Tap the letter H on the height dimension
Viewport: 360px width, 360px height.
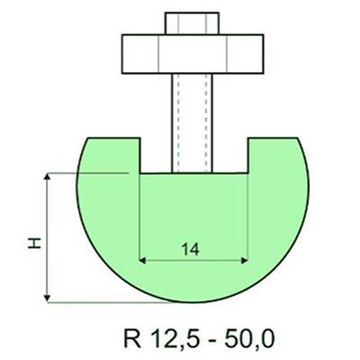coord(33,242)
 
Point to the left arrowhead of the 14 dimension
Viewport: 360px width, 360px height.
coord(145,260)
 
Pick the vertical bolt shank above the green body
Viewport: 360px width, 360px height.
coord(193,117)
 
